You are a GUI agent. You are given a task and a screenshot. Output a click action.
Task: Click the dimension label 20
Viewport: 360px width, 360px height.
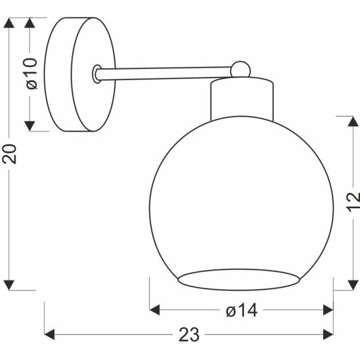[x=9, y=154]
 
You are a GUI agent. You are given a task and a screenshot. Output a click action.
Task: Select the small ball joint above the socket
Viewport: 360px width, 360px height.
[x=241, y=68]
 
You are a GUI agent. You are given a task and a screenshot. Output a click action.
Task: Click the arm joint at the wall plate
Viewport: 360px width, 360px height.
[x=98, y=74]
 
